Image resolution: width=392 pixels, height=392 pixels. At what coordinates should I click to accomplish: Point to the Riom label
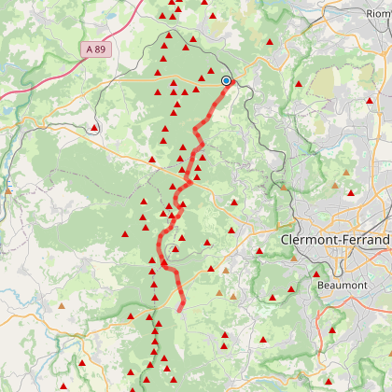(379, 13)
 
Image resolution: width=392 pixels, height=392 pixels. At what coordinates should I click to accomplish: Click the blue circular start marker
(226, 81)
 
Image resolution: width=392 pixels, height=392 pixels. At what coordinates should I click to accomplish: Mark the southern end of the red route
(180, 307)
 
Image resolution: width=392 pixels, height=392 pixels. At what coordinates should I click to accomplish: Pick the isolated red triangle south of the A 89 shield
(94, 128)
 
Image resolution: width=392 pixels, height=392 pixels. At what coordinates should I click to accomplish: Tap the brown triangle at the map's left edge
(8, 189)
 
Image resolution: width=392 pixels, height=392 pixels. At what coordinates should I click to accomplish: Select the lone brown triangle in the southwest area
(63, 304)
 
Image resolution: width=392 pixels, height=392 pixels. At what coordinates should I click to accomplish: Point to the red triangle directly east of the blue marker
(299, 85)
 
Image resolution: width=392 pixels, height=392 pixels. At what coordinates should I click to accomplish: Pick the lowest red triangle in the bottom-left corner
(63, 386)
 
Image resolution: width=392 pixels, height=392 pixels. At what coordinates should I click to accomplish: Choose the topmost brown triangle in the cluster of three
(346, 173)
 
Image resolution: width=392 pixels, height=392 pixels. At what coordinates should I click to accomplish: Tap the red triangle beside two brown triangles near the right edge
(351, 193)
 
